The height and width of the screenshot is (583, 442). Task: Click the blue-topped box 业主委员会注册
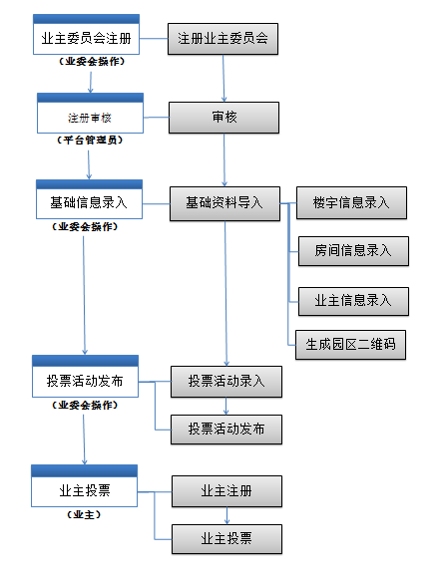pos(86,35)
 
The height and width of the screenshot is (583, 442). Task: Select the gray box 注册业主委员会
pos(222,39)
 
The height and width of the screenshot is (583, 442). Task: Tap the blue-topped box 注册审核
pos(90,113)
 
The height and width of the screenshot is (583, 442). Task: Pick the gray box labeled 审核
pos(223,118)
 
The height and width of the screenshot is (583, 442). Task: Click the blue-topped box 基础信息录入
pos(89,199)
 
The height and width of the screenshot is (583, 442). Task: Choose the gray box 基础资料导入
pos(224,203)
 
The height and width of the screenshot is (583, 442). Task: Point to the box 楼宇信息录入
pos(351,202)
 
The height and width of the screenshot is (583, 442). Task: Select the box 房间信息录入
pos(353,251)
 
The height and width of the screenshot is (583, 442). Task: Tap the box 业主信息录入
pos(353,301)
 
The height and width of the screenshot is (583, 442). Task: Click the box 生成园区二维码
pos(350,345)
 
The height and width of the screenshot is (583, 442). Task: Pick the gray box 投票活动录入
pos(226,382)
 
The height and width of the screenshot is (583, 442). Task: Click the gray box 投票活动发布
pos(226,430)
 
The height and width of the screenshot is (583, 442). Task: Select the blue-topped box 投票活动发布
pos(85,377)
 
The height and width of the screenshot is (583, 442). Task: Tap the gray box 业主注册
pos(226,491)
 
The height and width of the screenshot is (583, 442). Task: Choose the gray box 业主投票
pos(226,539)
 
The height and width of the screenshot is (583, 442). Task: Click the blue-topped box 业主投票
pos(84,485)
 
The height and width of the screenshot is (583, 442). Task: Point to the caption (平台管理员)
pos(90,141)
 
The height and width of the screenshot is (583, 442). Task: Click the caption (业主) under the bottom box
pos(84,514)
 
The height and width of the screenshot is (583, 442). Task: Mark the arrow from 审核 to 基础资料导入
pos(224,159)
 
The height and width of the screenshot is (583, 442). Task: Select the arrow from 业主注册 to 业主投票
pos(226,515)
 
